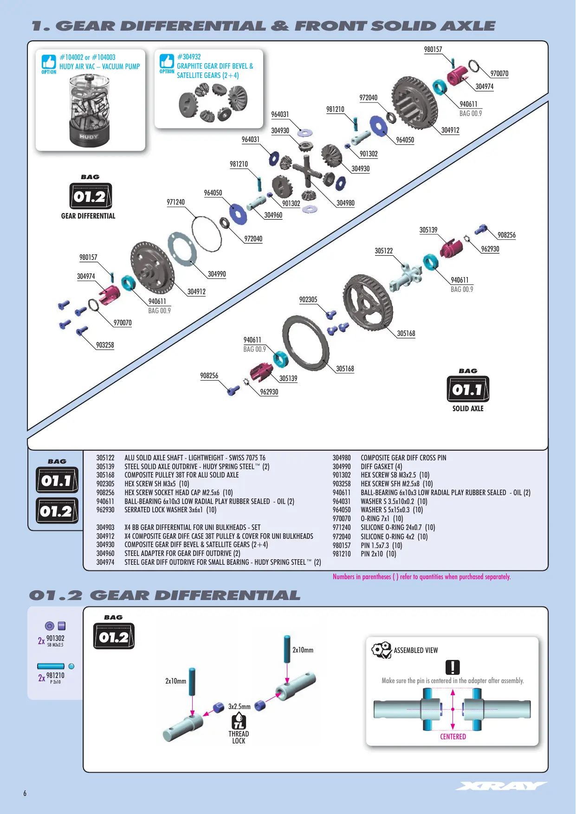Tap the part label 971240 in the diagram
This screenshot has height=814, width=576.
175,202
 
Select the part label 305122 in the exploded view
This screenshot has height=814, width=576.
384,251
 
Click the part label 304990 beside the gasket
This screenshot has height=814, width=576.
217,274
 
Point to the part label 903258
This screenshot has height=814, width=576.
105,345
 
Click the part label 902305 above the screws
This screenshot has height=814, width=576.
308,300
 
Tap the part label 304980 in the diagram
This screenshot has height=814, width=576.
345,203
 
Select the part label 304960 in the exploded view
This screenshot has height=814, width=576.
273,215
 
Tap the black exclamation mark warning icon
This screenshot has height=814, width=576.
453,667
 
